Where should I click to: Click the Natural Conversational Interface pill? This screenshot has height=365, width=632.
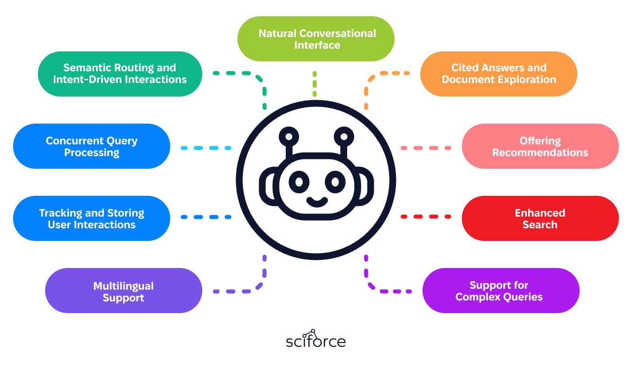316,39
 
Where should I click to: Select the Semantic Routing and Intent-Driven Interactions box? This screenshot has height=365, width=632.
120,74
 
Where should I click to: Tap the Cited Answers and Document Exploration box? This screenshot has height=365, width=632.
498,74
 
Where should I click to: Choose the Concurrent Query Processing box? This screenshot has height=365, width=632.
91,146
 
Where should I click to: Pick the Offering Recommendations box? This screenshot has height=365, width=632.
540,146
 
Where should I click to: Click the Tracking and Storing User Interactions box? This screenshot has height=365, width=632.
91,218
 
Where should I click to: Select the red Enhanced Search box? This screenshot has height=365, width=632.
540,218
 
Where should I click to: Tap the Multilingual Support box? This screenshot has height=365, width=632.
124,291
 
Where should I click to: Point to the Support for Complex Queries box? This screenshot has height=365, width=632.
501,291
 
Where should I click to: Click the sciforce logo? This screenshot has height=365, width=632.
316,338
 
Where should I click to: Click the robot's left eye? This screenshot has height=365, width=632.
299,182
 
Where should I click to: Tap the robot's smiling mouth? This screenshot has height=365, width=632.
317,202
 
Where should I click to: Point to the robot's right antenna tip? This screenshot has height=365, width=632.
344,137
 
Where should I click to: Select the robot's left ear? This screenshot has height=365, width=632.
267,186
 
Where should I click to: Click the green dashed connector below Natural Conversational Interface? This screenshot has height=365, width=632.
315,84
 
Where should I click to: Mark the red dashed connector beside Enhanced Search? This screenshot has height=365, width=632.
426,217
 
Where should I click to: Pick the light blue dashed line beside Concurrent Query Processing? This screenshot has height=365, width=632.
206,148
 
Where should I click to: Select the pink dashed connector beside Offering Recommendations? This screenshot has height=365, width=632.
426,148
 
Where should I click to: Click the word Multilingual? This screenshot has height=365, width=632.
124,286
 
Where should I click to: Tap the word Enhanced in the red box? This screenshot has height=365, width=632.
540,213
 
